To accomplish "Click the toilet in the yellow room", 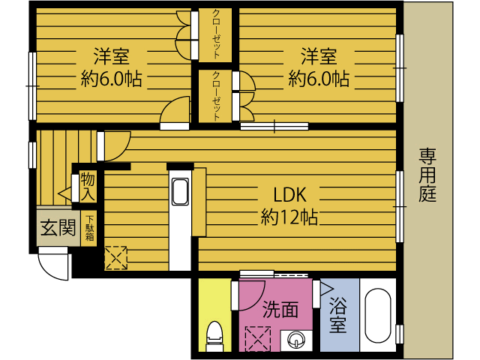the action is coord(214,336).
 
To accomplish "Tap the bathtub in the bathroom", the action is coord(378,316).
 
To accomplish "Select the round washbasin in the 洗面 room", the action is coord(296,340).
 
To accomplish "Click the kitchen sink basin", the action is coord(180,192).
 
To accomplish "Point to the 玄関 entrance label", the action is coord(58,228).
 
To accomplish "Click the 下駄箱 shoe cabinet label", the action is coord(89,228).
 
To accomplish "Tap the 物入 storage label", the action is coord(88,186).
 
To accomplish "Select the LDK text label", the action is coord(289,195).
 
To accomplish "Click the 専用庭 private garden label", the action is coord(427,175).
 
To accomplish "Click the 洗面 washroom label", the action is coord(280,309).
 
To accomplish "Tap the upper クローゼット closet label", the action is coord(216,34).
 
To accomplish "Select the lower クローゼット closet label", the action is coord(216,96).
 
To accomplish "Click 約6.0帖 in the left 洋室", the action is coord(111,79).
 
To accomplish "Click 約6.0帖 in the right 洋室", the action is coord(319,79).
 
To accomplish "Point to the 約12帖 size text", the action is coord(289,217).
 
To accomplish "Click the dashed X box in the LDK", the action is coord(116,258).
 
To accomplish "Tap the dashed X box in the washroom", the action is coord(258,339).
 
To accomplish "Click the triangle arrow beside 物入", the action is coord(64,193).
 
